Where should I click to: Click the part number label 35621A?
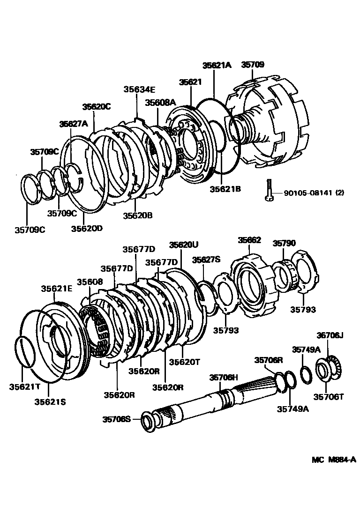(x=217, y=66)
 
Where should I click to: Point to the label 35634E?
(x=139, y=89)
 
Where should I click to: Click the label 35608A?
(x=160, y=103)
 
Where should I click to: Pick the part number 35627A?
(x=74, y=124)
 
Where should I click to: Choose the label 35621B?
(x=225, y=189)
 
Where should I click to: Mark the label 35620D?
(x=87, y=228)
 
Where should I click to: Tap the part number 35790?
(x=285, y=244)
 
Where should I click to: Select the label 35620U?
(x=184, y=245)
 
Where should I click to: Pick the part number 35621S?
(x=50, y=401)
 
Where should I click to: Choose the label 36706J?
(x=330, y=335)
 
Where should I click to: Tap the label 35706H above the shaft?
(x=224, y=378)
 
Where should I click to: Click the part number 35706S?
(x=117, y=419)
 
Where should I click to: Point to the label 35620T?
(x=184, y=362)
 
